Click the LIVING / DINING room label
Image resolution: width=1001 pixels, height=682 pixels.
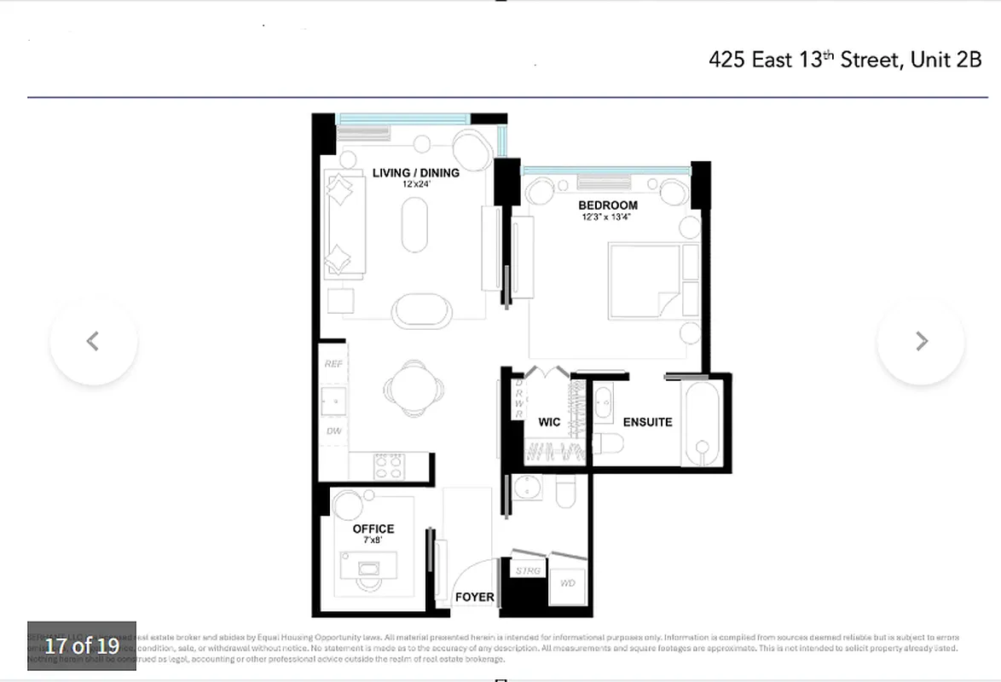click(x=415, y=173)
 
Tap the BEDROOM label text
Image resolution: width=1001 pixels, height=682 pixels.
click(x=607, y=205)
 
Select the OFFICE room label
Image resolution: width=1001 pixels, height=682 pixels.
click(x=373, y=529)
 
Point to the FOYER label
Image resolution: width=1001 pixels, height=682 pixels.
click(x=474, y=597)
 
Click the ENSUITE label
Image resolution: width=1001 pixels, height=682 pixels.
click(x=647, y=422)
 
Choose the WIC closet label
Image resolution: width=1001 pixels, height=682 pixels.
click(x=548, y=422)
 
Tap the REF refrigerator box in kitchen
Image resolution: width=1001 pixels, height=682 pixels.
click(x=333, y=364)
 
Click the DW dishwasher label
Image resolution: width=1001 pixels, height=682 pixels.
click(x=333, y=431)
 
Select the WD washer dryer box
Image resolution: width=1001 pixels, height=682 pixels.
click(x=568, y=584)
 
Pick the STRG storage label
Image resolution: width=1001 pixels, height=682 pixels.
click(x=528, y=570)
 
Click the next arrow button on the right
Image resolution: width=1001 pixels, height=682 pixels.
click(x=921, y=341)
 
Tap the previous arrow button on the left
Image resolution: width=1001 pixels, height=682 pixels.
click(x=93, y=341)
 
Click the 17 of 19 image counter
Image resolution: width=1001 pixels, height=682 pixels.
click(x=82, y=645)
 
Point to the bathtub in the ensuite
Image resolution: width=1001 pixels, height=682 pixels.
click(x=703, y=424)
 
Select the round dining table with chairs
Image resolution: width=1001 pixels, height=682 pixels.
click(x=414, y=389)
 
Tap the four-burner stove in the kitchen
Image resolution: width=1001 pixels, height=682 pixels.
click(x=390, y=466)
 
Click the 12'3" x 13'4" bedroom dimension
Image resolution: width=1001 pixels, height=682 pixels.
click(x=607, y=217)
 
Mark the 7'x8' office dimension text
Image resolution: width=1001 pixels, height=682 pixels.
click(x=373, y=540)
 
